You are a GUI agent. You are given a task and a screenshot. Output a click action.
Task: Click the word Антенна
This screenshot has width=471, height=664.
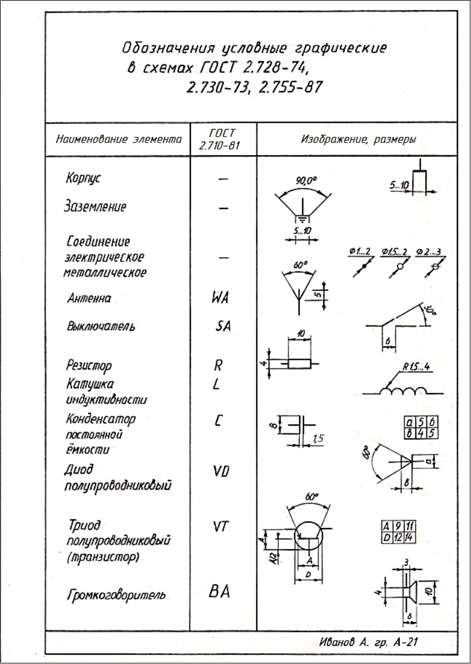coord(89,298)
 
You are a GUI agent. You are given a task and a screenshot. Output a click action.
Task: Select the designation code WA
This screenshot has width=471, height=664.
coord(220,297)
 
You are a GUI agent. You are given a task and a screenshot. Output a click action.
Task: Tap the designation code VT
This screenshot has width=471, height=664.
coord(221,526)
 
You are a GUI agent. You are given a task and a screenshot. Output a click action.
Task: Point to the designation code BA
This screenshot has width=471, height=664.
coord(219,591)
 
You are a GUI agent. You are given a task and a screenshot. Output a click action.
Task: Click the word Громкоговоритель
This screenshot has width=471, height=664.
coord(116,595)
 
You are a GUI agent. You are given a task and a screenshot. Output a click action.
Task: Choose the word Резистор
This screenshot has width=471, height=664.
coord(88,366)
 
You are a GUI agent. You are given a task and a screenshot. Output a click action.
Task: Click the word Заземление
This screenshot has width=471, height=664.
coord(95,206)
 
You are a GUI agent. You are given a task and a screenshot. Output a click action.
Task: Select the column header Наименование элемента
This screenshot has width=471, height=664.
coord(119,140)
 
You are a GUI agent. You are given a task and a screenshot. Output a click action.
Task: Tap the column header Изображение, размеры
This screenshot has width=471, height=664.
coord(358,140)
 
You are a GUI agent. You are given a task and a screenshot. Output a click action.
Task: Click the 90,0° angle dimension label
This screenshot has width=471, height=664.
coord(306,181)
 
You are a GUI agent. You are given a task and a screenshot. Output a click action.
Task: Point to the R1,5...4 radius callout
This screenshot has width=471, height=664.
coord(416,367)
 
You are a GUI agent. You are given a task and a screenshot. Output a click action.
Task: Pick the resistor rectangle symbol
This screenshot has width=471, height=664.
coord(299,363)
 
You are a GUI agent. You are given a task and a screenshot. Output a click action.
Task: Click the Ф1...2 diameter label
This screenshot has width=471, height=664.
coord(359,252)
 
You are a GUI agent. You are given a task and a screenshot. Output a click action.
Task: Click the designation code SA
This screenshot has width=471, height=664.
coord(223,326)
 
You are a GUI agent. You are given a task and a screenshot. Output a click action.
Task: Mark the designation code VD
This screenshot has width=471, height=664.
coord(221,471)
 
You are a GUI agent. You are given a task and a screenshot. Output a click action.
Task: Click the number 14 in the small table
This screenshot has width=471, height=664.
coord(410,538)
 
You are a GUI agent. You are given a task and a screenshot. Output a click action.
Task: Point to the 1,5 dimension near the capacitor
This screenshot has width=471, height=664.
coord(318,439)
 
